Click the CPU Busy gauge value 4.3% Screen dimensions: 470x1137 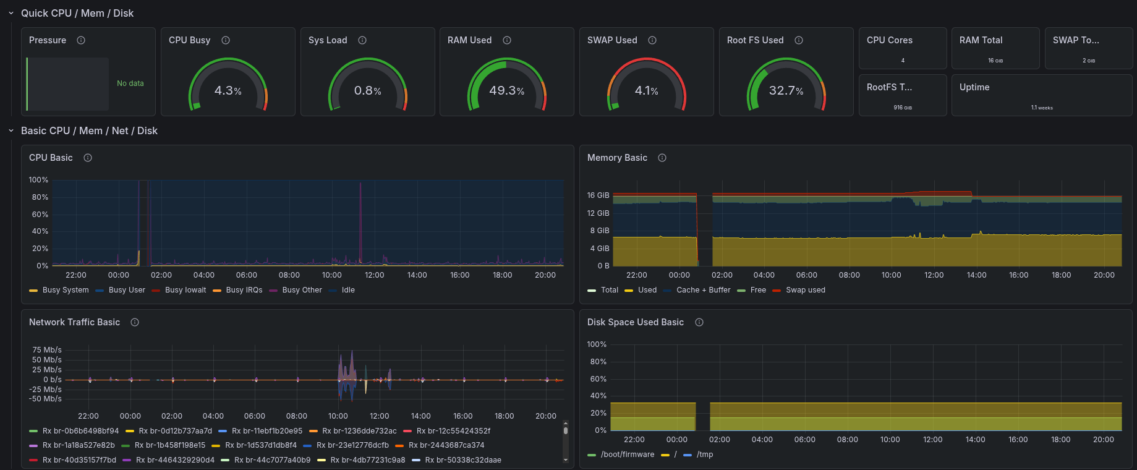pos(228,91)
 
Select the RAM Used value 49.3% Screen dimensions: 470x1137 pos(506,91)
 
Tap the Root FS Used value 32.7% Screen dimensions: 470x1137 pos(786,91)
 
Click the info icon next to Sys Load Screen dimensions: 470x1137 pos(362,40)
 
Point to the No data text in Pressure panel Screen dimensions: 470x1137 pos(130,83)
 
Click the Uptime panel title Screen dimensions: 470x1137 pos(974,87)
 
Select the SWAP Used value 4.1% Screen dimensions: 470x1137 pos(646,91)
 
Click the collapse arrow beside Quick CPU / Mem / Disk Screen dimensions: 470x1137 pos(11,13)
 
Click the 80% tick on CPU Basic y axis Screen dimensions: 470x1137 pos(40,197)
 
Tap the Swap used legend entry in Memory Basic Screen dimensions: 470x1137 pos(805,290)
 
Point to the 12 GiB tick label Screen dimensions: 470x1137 pos(598,213)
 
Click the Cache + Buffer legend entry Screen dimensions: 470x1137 pos(703,290)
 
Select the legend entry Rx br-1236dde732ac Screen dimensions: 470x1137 pos(359,431)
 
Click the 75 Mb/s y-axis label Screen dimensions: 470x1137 pos(47,350)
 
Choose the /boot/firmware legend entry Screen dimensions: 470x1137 pos(627,455)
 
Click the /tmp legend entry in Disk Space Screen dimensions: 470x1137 pos(705,455)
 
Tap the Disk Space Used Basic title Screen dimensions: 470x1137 pos(635,322)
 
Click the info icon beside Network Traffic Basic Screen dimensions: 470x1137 pos(135,322)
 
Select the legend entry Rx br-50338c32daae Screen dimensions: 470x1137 pos(463,460)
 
